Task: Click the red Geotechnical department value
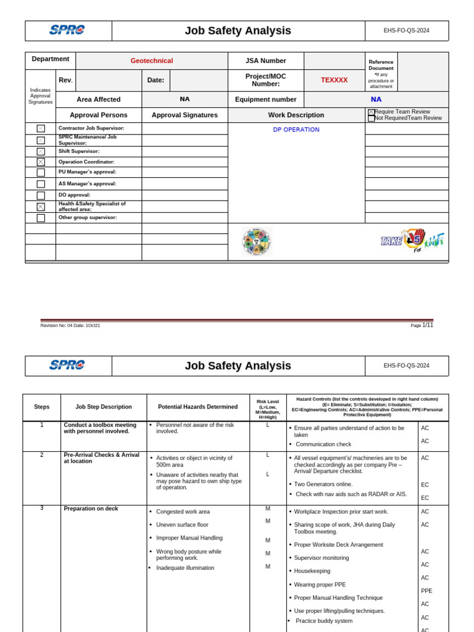pyautogui.click(x=151, y=60)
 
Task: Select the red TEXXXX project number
pyautogui.click(x=334, y=80)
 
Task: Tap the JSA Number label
pyautogui.click(x=265, y=60)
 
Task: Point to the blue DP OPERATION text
pyautogui.click(x=296, y=130)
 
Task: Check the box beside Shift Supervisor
pyautogui.click(x=41, y=151)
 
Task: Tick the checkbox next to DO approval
pyautogui.click(x=41, y=195)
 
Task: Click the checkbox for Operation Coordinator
pyautogui.click(x=41, y=162)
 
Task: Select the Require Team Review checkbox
pyautogui.click(x=372, y=112)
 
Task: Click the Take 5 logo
pyautogui.click(x=412, y=240)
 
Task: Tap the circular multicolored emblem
pyautogui.click(x=257, y=241)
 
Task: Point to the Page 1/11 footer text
pyautogui.click(x=422, y=325)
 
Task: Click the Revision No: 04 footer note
pyautogui.click(x=70, y=325)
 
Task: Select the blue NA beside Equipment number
pyautogui.click(x=376, y=99)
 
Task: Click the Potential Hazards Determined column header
pyautogui.click(x=197, y=407)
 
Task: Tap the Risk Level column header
pyautogui.click(x=267, y=407)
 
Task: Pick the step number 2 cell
pyautogui.click(x=42, y=455)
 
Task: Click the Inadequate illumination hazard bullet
pyautogui.click(x=185, y=568)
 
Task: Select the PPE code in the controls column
pyautogui.click(x=426, y=591)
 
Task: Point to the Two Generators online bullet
pyautogui.click(x=325, y=484)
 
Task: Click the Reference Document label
pyautogui.click(x=381, y=65)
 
